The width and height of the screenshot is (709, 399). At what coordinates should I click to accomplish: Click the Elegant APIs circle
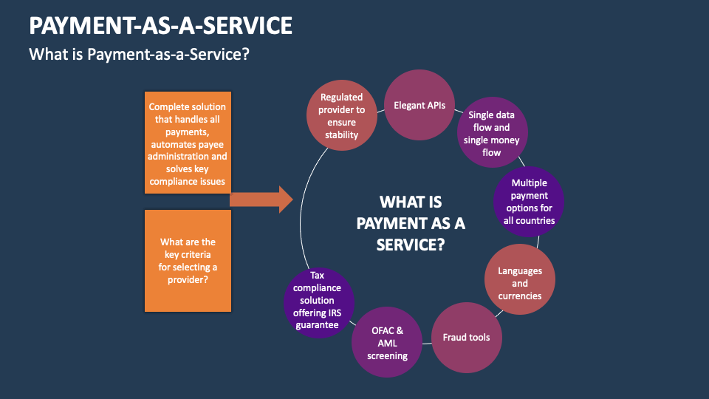[419, 105]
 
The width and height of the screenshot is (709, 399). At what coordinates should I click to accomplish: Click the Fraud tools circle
[466, 337]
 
